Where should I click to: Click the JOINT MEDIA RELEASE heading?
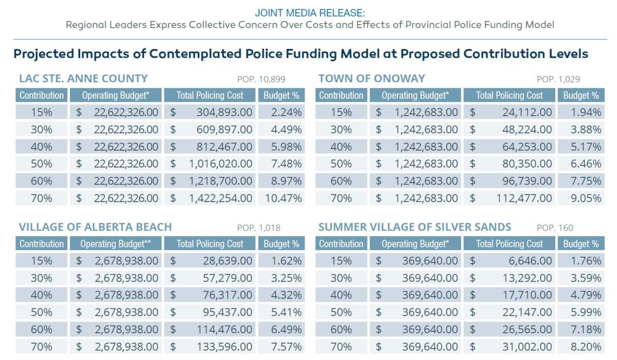[x=310, y=13]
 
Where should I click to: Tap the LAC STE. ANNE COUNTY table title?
[x=83, y=79]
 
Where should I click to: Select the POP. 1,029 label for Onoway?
[x=558, y=79]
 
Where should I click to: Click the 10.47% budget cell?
[x=282, y=198]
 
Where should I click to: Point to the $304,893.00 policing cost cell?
[x=210, y=112]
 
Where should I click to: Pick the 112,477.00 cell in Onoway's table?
[x=510, y=198]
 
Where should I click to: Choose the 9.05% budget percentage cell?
[x=581, y=198]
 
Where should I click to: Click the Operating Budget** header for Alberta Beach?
[x=116, y=243]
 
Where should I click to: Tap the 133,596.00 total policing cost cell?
[x=210, y=347]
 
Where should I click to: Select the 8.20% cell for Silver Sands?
[x=581, y=347]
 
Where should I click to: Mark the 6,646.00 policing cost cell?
[x=510, y=261]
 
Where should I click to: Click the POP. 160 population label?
[x=555, y=228]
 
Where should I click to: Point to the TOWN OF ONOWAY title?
[x=372, y=79]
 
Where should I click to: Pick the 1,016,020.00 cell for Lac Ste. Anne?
[x=210, y=164]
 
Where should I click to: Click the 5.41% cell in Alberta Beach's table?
[x=282, y=312]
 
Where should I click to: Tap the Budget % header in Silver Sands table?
[x=581, y=243]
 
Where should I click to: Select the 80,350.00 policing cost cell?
[x=510, y=164]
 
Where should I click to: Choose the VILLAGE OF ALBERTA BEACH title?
[x=95, y=227]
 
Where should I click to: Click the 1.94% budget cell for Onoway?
[x=581, y=112]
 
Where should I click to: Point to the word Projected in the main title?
[x=44, y=54]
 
